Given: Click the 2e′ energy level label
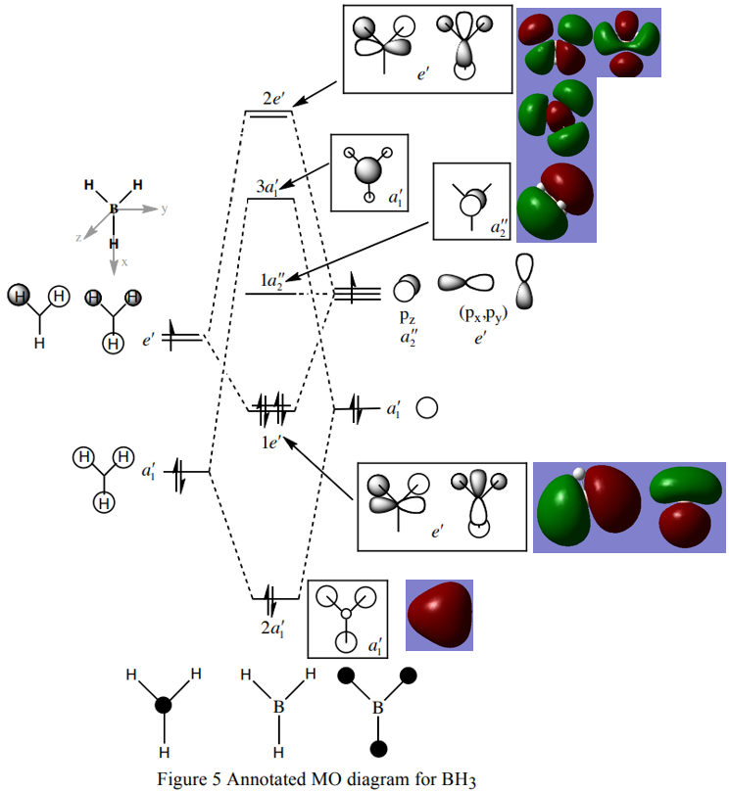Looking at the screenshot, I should pyautogui.click(x=273, y=99).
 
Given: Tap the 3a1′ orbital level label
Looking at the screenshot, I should pyautogui.click(x=267, y=185).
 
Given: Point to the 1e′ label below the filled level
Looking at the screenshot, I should pyautogui.click(x=271, y=443).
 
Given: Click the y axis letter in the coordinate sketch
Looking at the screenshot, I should pyautogui.click(x=165, y=210).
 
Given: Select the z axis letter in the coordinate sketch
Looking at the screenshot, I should pyautogui.click(x=78, y=237).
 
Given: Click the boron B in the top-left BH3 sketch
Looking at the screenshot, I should pyautogui.click(x=114, y=209).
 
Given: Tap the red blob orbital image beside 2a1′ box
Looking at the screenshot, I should pyautogui.click(x=439, y=614).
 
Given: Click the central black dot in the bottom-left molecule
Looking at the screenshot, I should pyautogui.click(x=165, y=705).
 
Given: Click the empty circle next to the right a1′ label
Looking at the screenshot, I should pyautogui.click(x=426, y=407).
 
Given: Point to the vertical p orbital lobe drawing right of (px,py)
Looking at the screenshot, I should pyautogui.click(x=525, y=282).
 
